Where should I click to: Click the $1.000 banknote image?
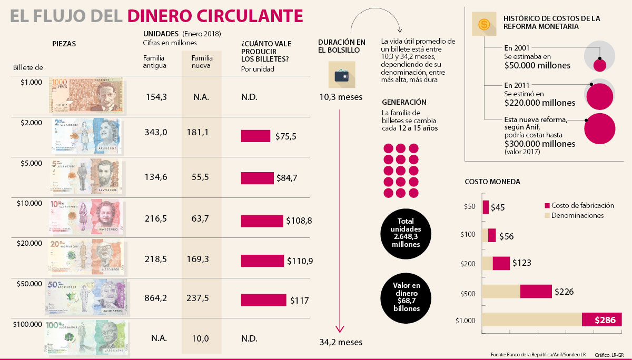[x=87, y=95]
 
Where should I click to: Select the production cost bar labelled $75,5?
[x=255, y=136]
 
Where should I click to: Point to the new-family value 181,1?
[x=197, y=132]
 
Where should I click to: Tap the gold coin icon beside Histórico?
[x=482, y=25]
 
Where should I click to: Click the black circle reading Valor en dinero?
[x=406, y=297]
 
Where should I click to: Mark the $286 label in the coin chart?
[x=605, y=320]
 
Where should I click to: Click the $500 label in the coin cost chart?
[x=468, y=293]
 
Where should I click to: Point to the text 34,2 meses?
[x=341, y=342]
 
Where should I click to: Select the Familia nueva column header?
[x=201, y=62]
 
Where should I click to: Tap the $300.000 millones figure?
[x=539, y=143]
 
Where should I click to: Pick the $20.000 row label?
[x=31, y=243]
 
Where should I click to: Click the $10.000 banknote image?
[x=87, y=216]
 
